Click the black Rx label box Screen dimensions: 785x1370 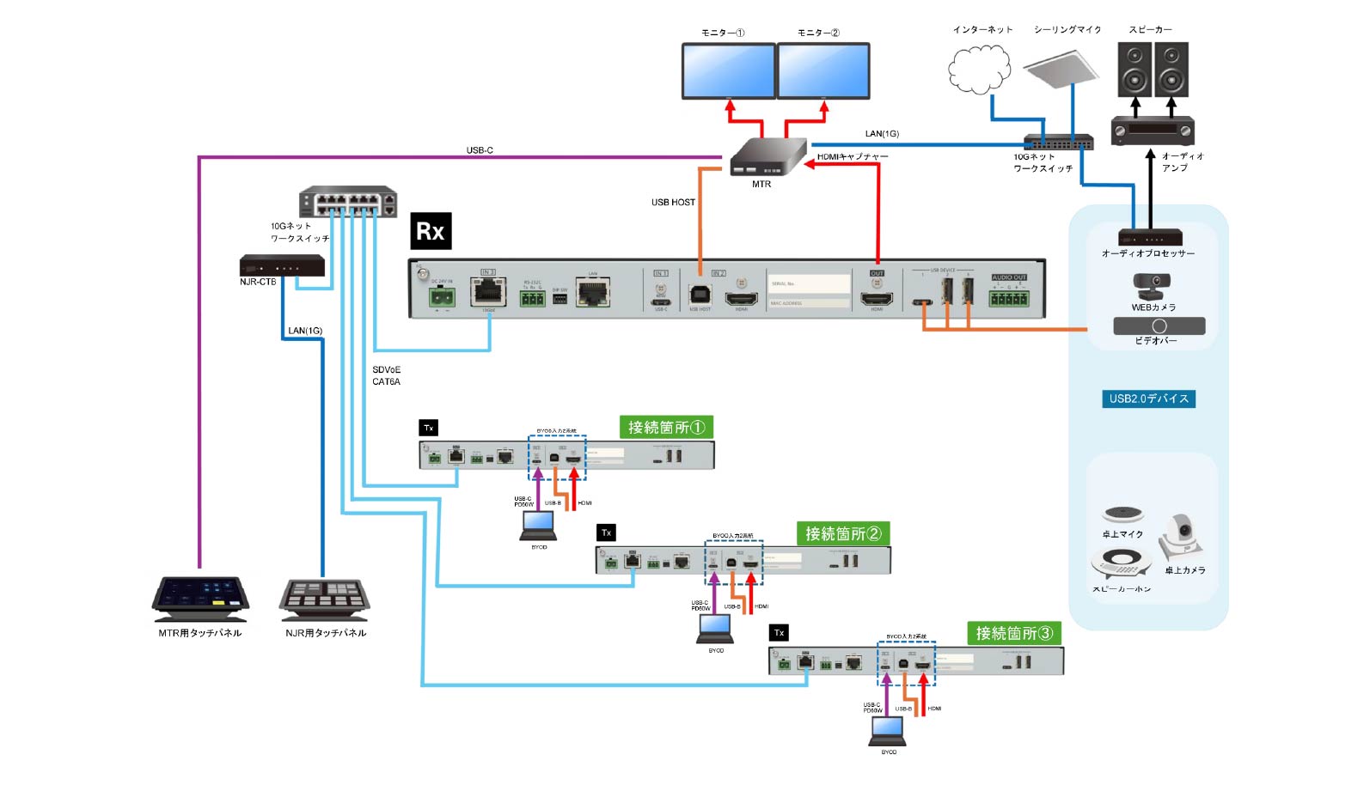(x=431, y=231)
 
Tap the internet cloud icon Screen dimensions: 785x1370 (x=979, y=69)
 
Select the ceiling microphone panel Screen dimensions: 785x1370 (x=1061, y=67)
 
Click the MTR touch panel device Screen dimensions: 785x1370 (x=200, y=599)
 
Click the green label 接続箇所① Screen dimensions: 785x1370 (x=666, y=427)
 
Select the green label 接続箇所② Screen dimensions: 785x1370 (x=843, y=533)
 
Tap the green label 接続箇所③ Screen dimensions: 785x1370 (x=1014, y=633)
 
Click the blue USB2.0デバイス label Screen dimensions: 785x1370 (x=1148, y=399)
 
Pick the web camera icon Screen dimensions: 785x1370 (x=1152, y=286)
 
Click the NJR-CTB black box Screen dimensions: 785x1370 (x=282, y=265)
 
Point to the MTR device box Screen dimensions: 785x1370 (x=767, y=157)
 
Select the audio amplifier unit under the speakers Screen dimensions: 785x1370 (x=1152, y=131)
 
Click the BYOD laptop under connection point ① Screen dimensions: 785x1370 (x=539, y=526)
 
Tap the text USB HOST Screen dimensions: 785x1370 (x=673, y=203)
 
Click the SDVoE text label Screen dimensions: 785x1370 (x=386, y=369)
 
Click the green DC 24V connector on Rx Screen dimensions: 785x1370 (x=443, y=297)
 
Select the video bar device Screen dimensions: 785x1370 (x=1159, y=326)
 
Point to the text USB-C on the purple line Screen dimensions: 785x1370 (x=480, y=150)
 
